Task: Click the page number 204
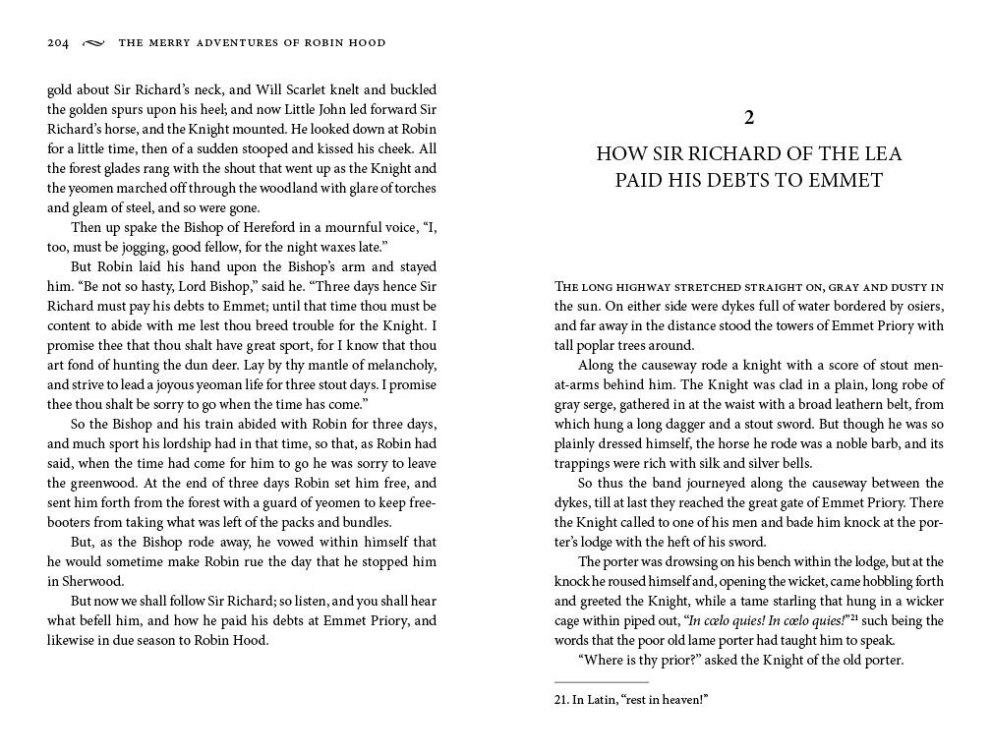click(58, 43)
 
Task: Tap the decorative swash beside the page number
click(93, 43)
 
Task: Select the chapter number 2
click(749, 118)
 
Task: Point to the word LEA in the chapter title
click(881, 154)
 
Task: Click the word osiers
click(921, 306)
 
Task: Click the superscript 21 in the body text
click(855, 617)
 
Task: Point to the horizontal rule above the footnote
click(602, 682)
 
